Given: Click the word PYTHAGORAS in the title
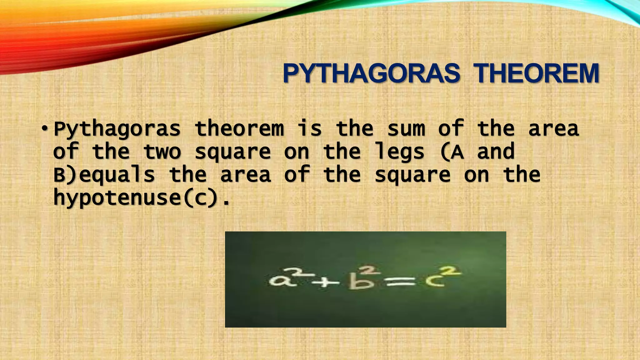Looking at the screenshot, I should (371, 74).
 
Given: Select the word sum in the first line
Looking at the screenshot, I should (406, 129).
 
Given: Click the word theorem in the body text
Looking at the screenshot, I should (239, 129).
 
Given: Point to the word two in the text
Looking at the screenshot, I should (162, 152).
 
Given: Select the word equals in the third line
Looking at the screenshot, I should (117, 175).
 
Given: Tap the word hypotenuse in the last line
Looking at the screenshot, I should (117, 198).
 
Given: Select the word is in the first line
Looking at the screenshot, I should (309, 129).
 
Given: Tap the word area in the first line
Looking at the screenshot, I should (553, 129).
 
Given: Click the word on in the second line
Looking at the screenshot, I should (297, 152).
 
